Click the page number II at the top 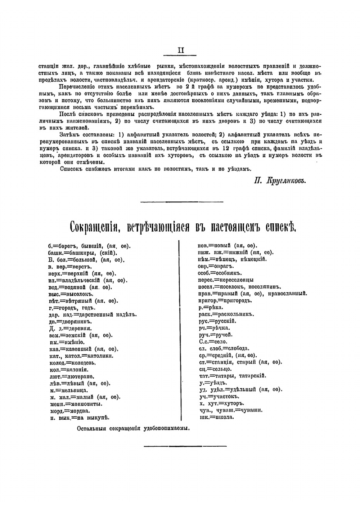click(x=181, y=50)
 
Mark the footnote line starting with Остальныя click(x=133, y=429)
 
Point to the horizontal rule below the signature click(x=181, y=201)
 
